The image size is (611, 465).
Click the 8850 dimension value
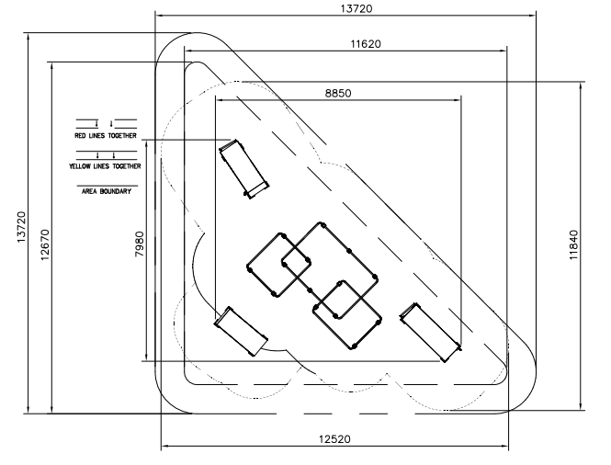(x=338, y=94)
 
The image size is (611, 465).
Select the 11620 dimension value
(x=366, y=44)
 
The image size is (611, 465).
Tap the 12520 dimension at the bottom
(x=334, y=439)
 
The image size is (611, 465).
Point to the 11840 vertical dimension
(x=573, y=245)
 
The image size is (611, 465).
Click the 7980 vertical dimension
(x=139, y=244)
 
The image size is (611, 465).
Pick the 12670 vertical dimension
(x=45, y=244)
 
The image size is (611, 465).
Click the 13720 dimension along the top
(x=356, y=8)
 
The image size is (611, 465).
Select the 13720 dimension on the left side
(x=21, y=227)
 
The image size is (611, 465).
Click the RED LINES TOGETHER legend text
(x=106, y=136)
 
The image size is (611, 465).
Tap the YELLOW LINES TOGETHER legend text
(x=106, y=166)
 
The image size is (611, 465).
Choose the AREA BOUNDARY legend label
(x=107, y=191)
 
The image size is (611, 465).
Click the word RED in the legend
(x=80, y=136)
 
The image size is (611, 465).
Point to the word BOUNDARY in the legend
(x=116, y=191)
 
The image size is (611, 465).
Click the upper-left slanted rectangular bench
(x=243, y=169)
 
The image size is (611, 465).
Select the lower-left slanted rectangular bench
(x=241, y=332)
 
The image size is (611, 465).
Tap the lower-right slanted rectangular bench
(x=431, y=333)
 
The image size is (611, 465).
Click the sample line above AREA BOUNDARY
(x=107, y=186)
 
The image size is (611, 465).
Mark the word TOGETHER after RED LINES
(x=122, y=136)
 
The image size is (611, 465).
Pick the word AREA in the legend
(x=89, y=191)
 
